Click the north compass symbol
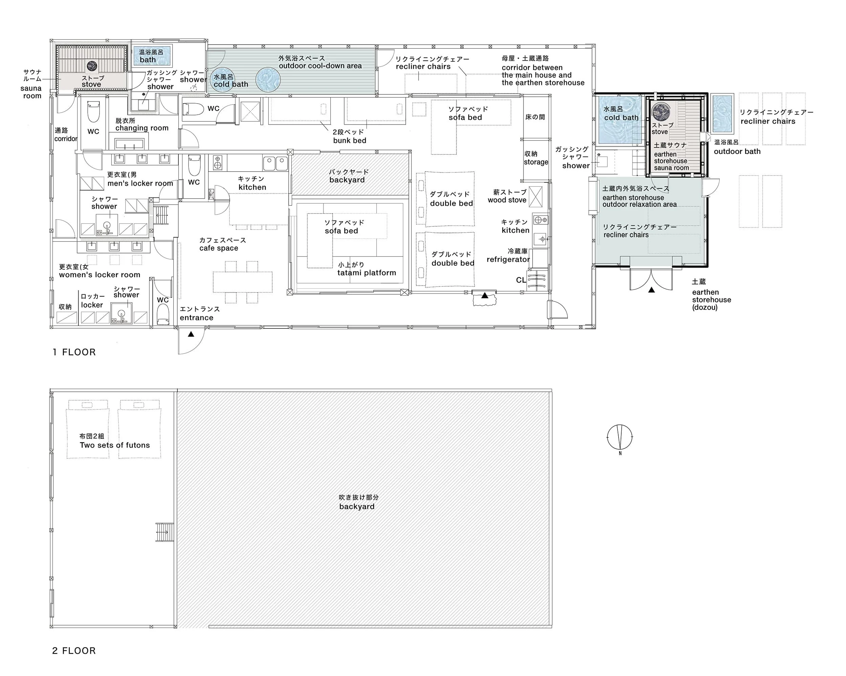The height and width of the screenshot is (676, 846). click(620, 437)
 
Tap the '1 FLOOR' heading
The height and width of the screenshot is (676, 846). click(74, 352)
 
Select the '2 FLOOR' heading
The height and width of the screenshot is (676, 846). click(74, 651)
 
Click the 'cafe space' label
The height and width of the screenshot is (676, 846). click(219, 248)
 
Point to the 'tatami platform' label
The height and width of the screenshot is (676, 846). click(366, 273)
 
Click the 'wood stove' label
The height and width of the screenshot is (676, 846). click(507, 200)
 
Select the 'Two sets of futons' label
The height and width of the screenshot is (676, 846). click(115, 445)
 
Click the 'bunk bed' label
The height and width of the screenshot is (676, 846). click(350, 140)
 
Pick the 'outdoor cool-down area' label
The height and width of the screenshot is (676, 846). click(320, 66)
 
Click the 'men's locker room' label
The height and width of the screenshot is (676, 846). click(140, 183)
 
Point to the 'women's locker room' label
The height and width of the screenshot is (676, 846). click(99, 275)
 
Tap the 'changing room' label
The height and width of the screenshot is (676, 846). click(142, 128)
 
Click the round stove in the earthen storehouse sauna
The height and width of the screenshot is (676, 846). click(661, 111)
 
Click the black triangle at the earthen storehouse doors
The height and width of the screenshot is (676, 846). click(651, 290)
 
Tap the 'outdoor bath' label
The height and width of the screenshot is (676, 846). click(737, 152)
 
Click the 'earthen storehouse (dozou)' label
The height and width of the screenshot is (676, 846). click(711, 300)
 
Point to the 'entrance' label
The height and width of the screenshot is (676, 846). click(197, 318)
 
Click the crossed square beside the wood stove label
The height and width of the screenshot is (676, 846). click(536, 197)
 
